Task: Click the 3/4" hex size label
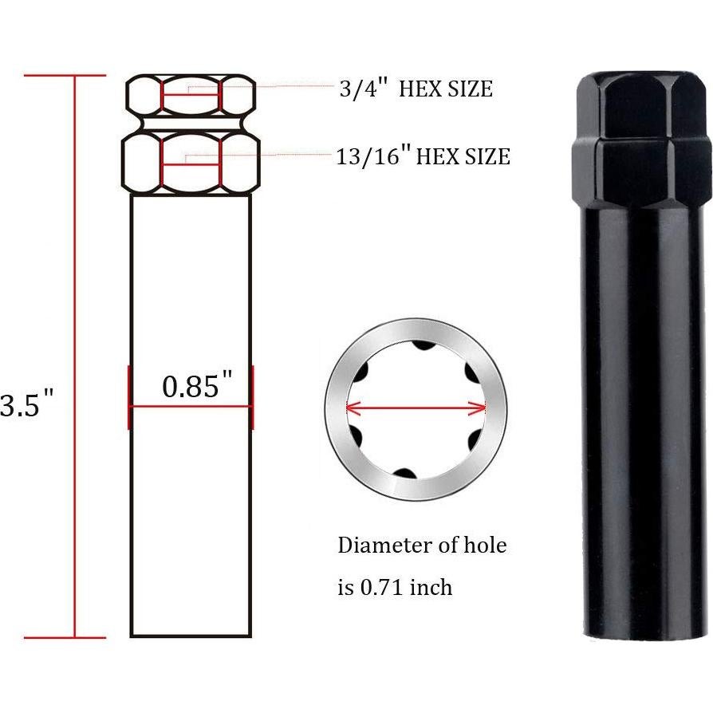pyautogui.click(x=416, y=89)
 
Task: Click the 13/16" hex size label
pyautogui.click(x=423, y=156)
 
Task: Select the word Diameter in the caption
pyautogui.click(x=377, y=546)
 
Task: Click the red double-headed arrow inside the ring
pyautogui.click(x=416, y=408)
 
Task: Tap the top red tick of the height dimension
pyautogui.click(x=65, y=76)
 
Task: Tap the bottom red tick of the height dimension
pyautogui.click(x=65, y=637)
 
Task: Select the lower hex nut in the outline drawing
pyautogui.click(x=191, y=163)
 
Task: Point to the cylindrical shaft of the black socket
pyautogui.click(x=643, y=415)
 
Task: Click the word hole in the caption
pyautogui.click(x=484, y=546)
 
